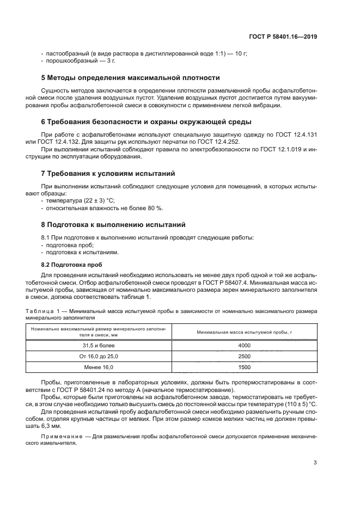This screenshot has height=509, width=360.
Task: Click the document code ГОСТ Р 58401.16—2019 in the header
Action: pyautogui.click(x=286, y=37)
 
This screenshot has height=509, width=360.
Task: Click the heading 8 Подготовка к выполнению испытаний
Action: pyautogui.click(x=113, y=224)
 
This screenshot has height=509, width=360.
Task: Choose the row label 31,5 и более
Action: pyautogui.click(x=99, y=345)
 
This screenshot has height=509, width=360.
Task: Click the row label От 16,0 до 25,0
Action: pyautogui.click(x=99, y=356)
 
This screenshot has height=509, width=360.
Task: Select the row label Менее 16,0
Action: pyautogui.click(x=99, y=367)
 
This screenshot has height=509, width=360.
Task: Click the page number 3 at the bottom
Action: pyautogui.click(x=315, y=463)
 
